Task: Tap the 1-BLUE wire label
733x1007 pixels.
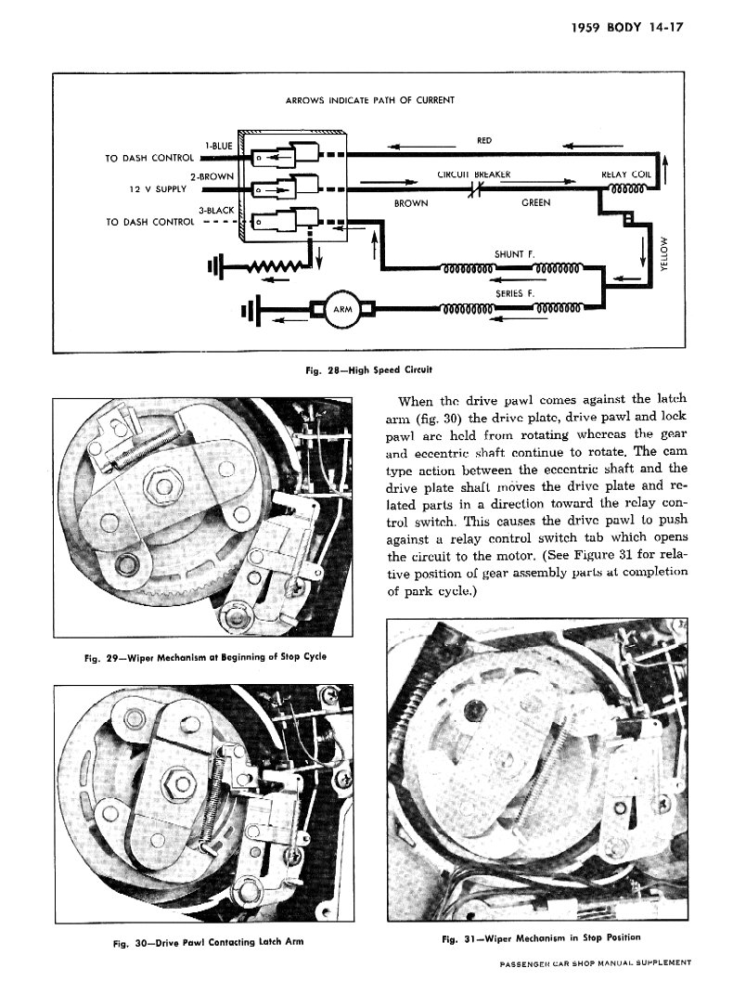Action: [x=218, y=146]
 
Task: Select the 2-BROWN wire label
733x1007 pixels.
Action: [x=212, y=176]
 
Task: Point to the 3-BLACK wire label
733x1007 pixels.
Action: [x=216, y=211]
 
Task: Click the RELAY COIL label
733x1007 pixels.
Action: [x=627, y=174]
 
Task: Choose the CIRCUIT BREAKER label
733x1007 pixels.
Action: [x=473, y=174]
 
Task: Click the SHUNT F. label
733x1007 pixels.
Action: [x=515, y=252]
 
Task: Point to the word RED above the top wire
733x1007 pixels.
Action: [x=483, y=141]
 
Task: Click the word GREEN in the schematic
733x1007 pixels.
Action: [x=535, y=202]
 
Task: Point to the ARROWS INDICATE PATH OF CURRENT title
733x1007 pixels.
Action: [x=368, y=100]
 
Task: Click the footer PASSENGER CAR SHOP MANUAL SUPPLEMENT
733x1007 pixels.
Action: [x=595, y=962]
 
